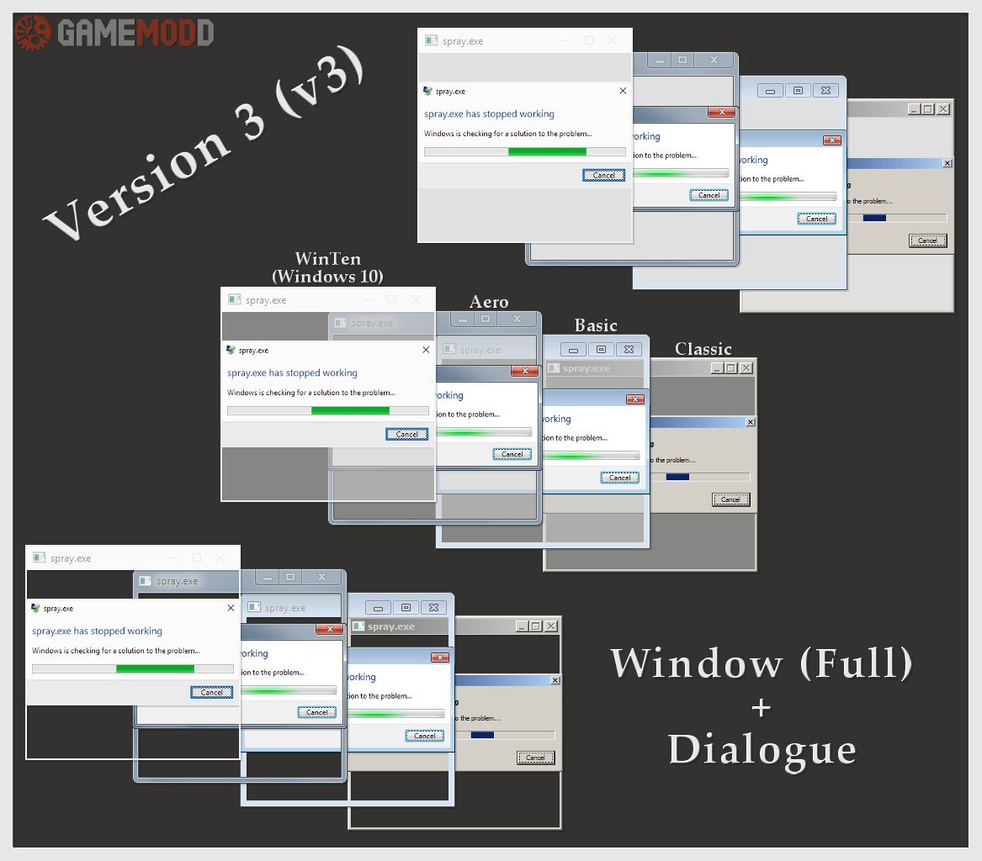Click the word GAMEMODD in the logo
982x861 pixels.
[135, 34]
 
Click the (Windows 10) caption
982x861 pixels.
[327, 276]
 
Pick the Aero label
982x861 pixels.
[489, 302]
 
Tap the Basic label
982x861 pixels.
[596, 325]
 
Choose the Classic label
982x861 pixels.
[703, 349]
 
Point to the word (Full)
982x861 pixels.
[856, 663]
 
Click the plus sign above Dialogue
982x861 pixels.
[761, 708]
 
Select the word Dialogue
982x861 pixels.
[762, 749]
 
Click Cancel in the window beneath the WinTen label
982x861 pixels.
[407, 434]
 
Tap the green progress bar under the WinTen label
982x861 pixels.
[350, 411]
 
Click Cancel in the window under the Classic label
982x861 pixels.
[730, 499]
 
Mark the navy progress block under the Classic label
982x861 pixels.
[677, 477]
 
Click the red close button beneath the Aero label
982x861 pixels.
[525, 371]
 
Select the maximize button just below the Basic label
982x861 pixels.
[600, 350]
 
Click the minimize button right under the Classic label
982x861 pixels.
[716, 367]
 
